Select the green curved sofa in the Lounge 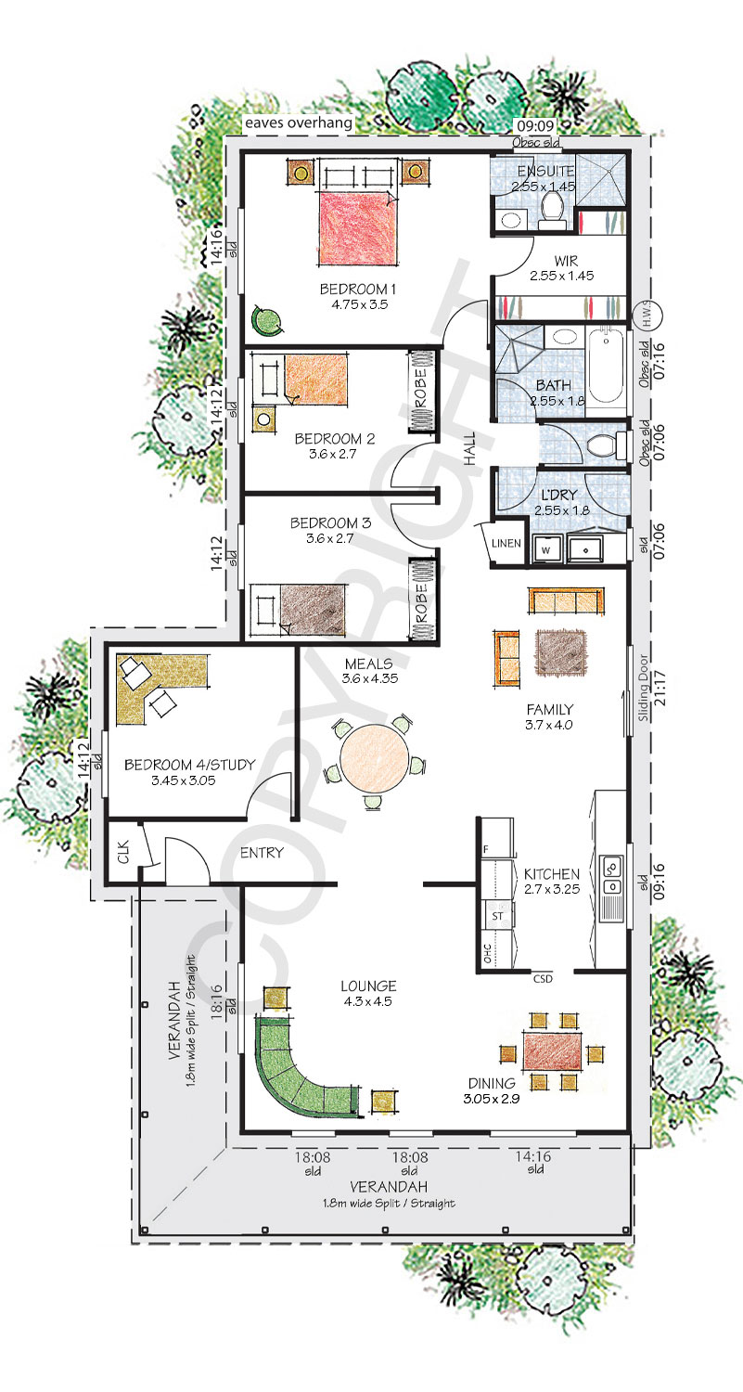(304, 1069)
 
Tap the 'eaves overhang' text (299, 122)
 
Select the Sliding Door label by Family (644, 688)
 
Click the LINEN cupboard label (506, 543)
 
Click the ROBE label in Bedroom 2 (421, 389)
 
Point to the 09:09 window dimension (535, 126)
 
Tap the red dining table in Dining (553, 1050)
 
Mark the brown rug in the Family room (561, 653)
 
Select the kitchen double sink (612, 874)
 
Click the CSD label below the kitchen (543, 979)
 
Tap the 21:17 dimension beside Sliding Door (660, 688)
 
